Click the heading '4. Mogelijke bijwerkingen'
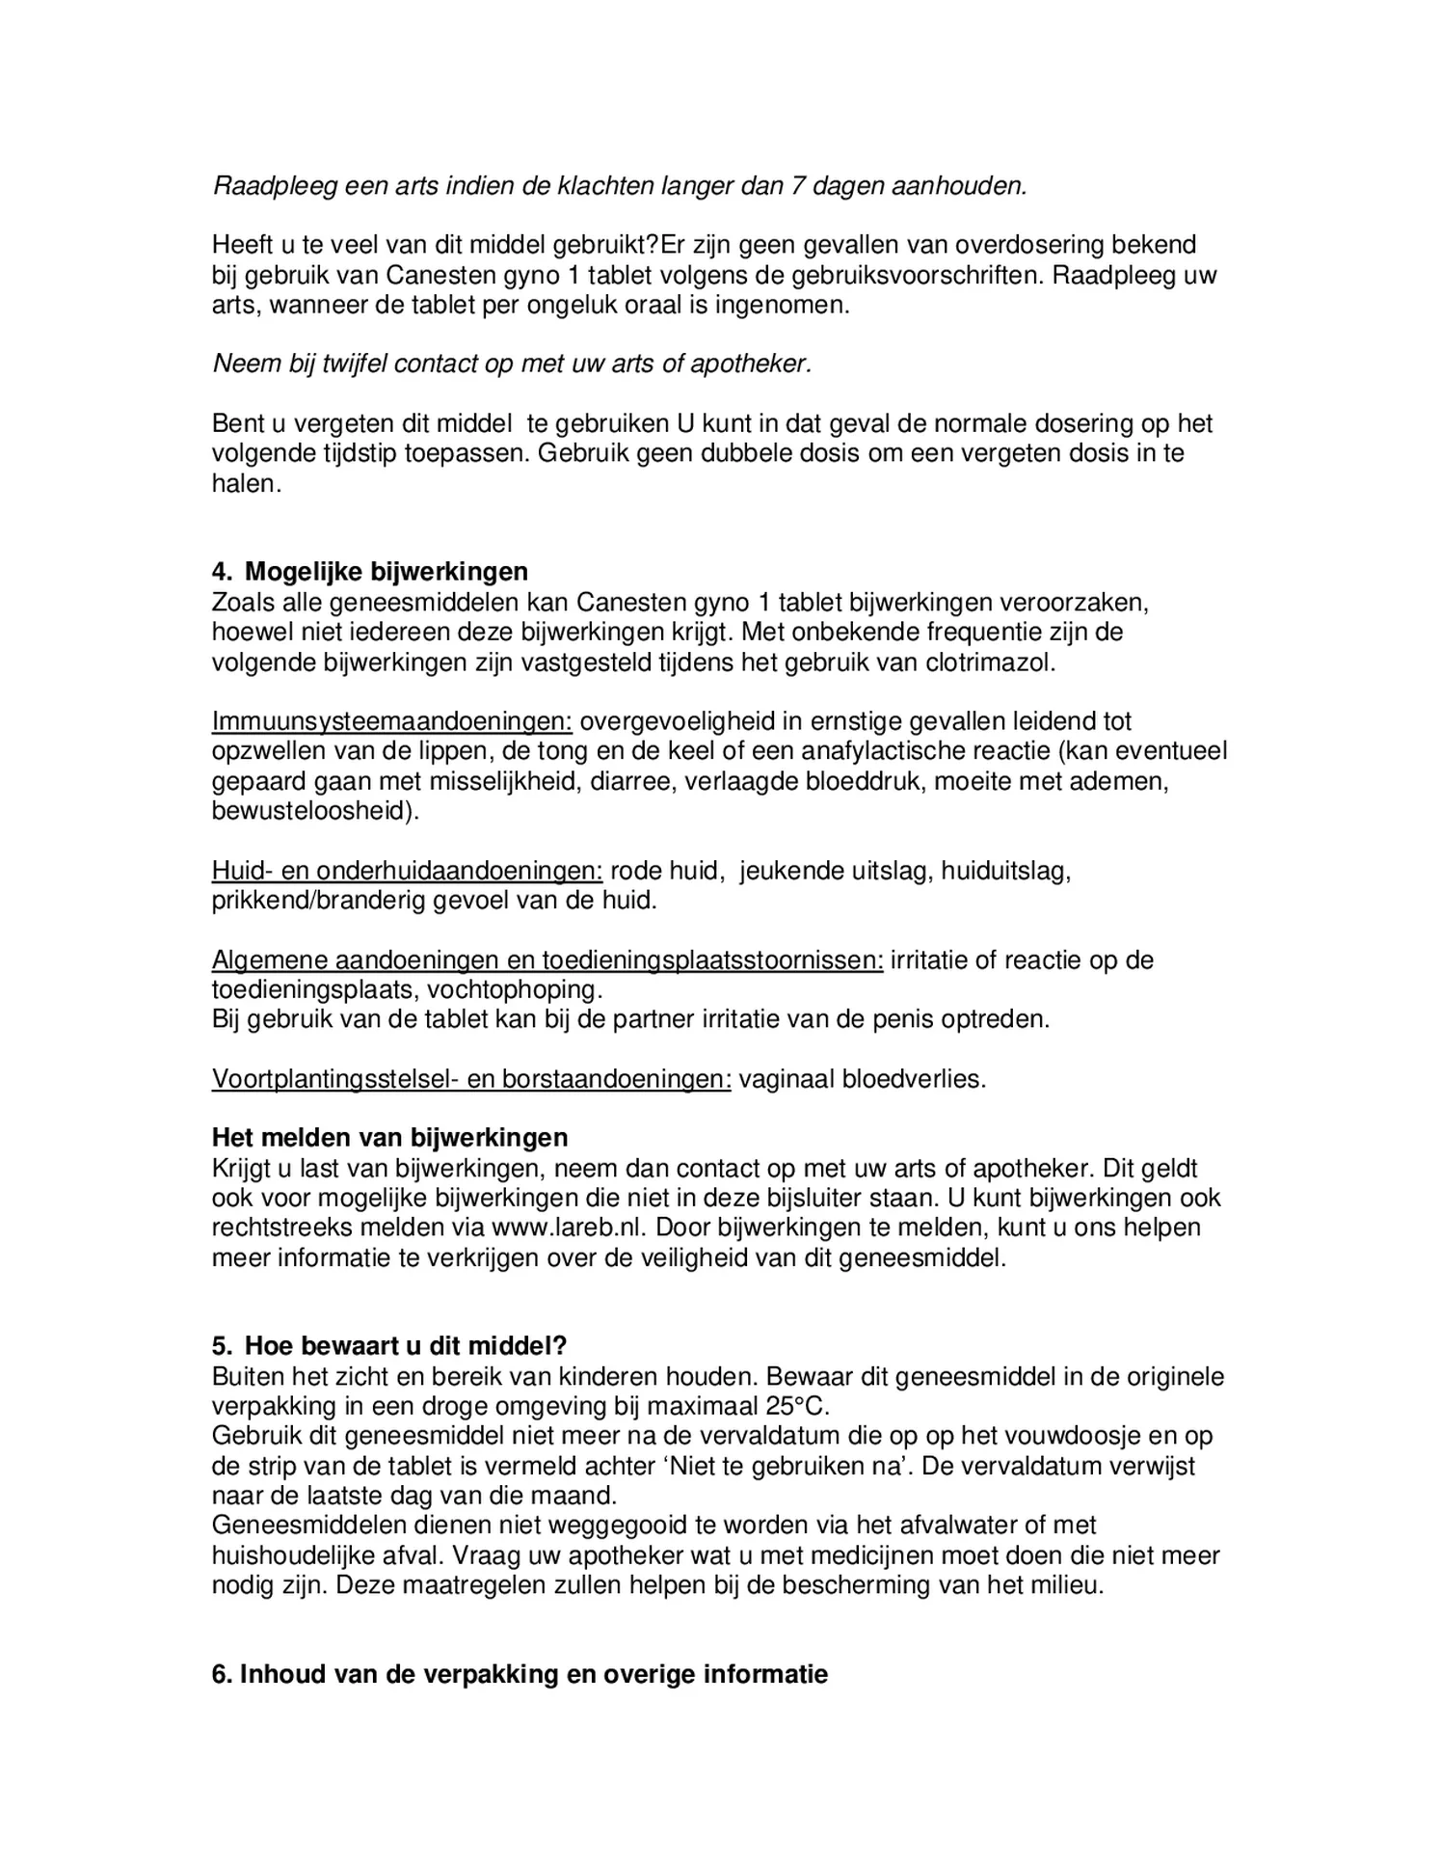click(369, 572)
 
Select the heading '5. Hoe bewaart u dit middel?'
click(389, 1346)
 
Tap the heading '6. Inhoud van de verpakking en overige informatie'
click(520, 1674)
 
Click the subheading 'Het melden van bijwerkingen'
click(389, 1138)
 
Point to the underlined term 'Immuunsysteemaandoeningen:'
click(392, 721)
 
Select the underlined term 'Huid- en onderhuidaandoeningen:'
click(407, 871)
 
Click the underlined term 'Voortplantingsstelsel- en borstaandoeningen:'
click(471, 1079)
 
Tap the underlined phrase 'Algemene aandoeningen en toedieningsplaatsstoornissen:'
click(547, 960)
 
